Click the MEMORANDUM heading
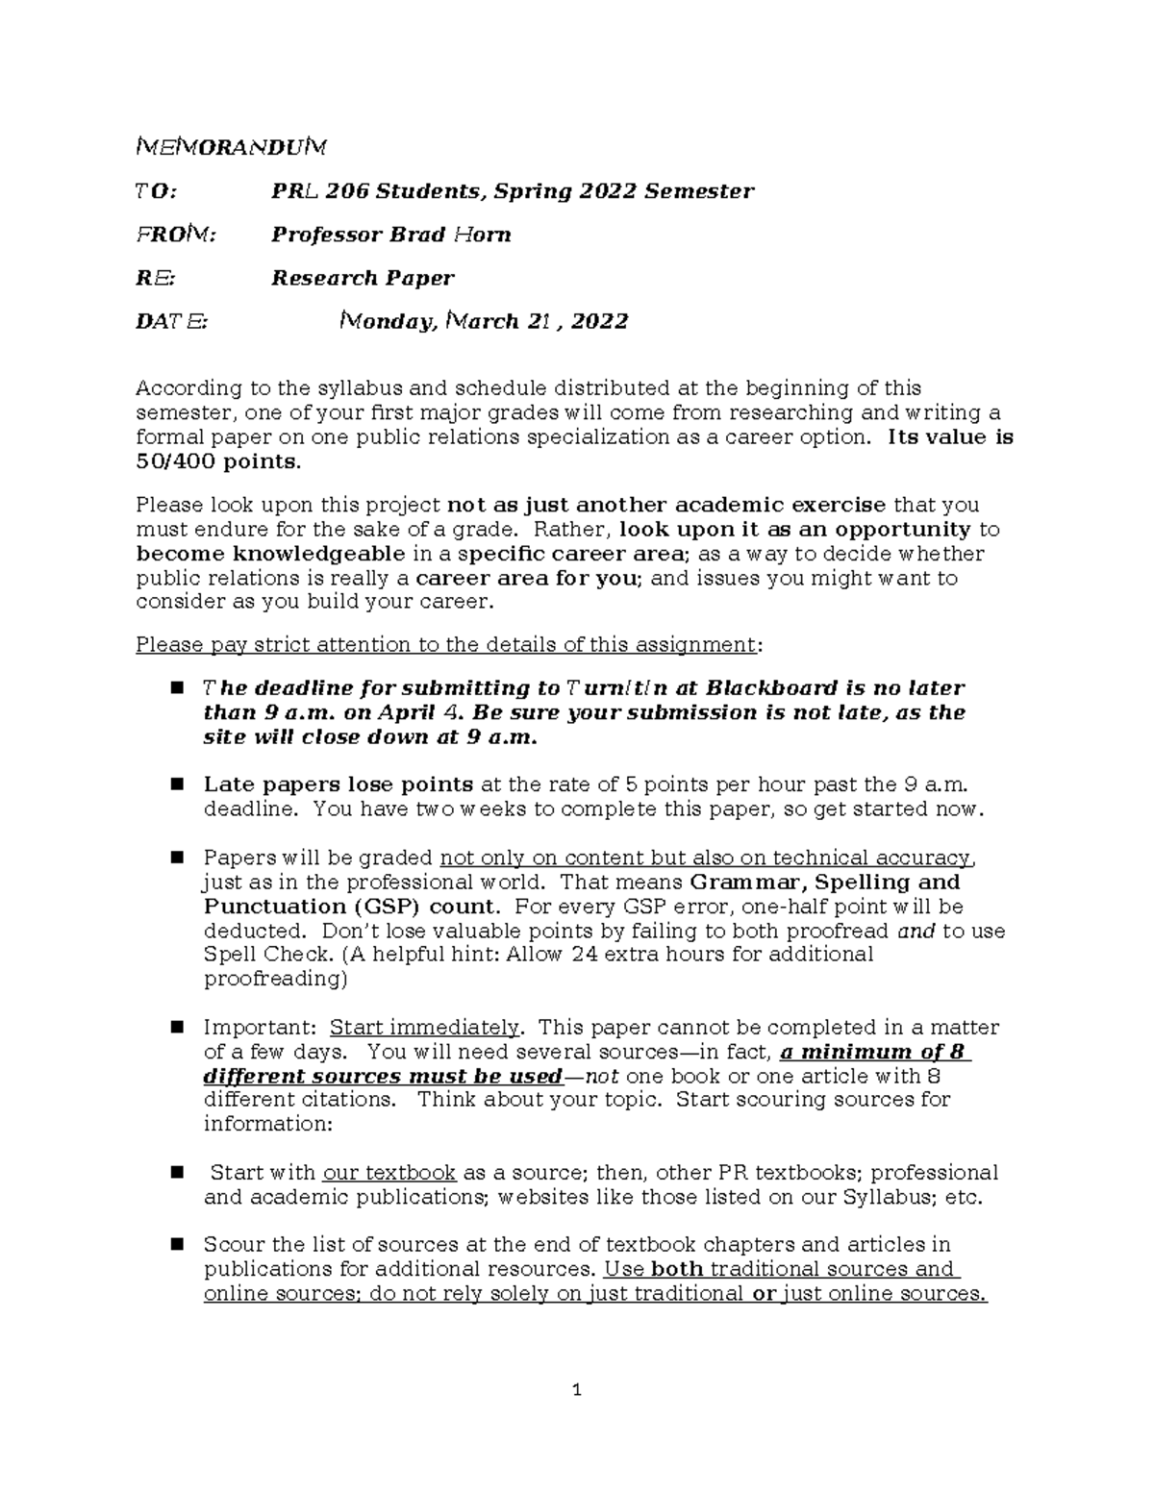click(231, 147)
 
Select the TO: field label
click(156, 191)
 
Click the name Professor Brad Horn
click(390, 235)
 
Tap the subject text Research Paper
click(363, 279)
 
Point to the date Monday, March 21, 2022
click(485, 322)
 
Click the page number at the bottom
click(577, 1389)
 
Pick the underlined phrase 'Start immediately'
click(425, 1028)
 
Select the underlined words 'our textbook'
click(389, 1173)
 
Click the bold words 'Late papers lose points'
click(338, 784)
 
